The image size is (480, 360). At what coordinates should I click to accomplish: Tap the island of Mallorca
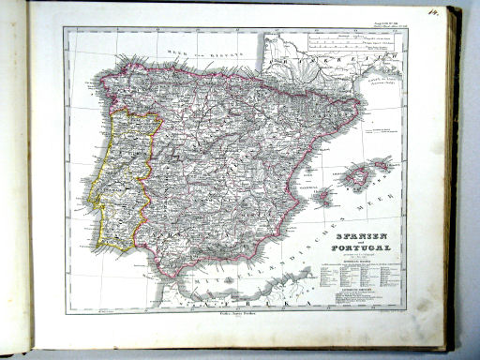click(x=357, y=175)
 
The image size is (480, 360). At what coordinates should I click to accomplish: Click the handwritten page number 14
click(x=433, y=12)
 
